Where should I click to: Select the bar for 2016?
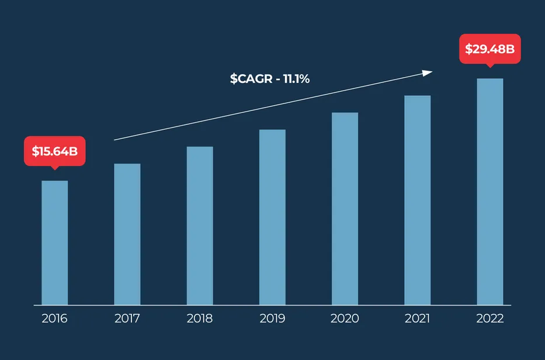55,243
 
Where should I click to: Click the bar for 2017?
127,234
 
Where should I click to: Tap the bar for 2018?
200,226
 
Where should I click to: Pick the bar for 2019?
272,217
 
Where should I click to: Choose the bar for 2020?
345,209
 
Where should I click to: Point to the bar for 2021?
417,200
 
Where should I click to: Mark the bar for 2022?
490,192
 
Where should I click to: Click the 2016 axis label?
55,319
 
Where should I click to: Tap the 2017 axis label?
127,319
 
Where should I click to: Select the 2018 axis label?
200,319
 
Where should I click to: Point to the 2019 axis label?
272,319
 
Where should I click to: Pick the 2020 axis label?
345,319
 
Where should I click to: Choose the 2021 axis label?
417,319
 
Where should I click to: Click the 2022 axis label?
490,319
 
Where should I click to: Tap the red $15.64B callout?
55,151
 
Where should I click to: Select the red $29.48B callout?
490,49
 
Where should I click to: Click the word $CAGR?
251,79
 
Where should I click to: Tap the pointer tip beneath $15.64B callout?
55,168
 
